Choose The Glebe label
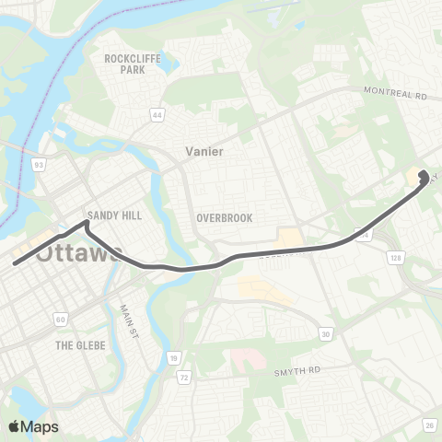[x=80, y=345]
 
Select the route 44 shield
[x=158, y=115]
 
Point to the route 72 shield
[x=184, y=378]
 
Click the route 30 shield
[x=325, y=332]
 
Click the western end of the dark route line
[x=15, y=264]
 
